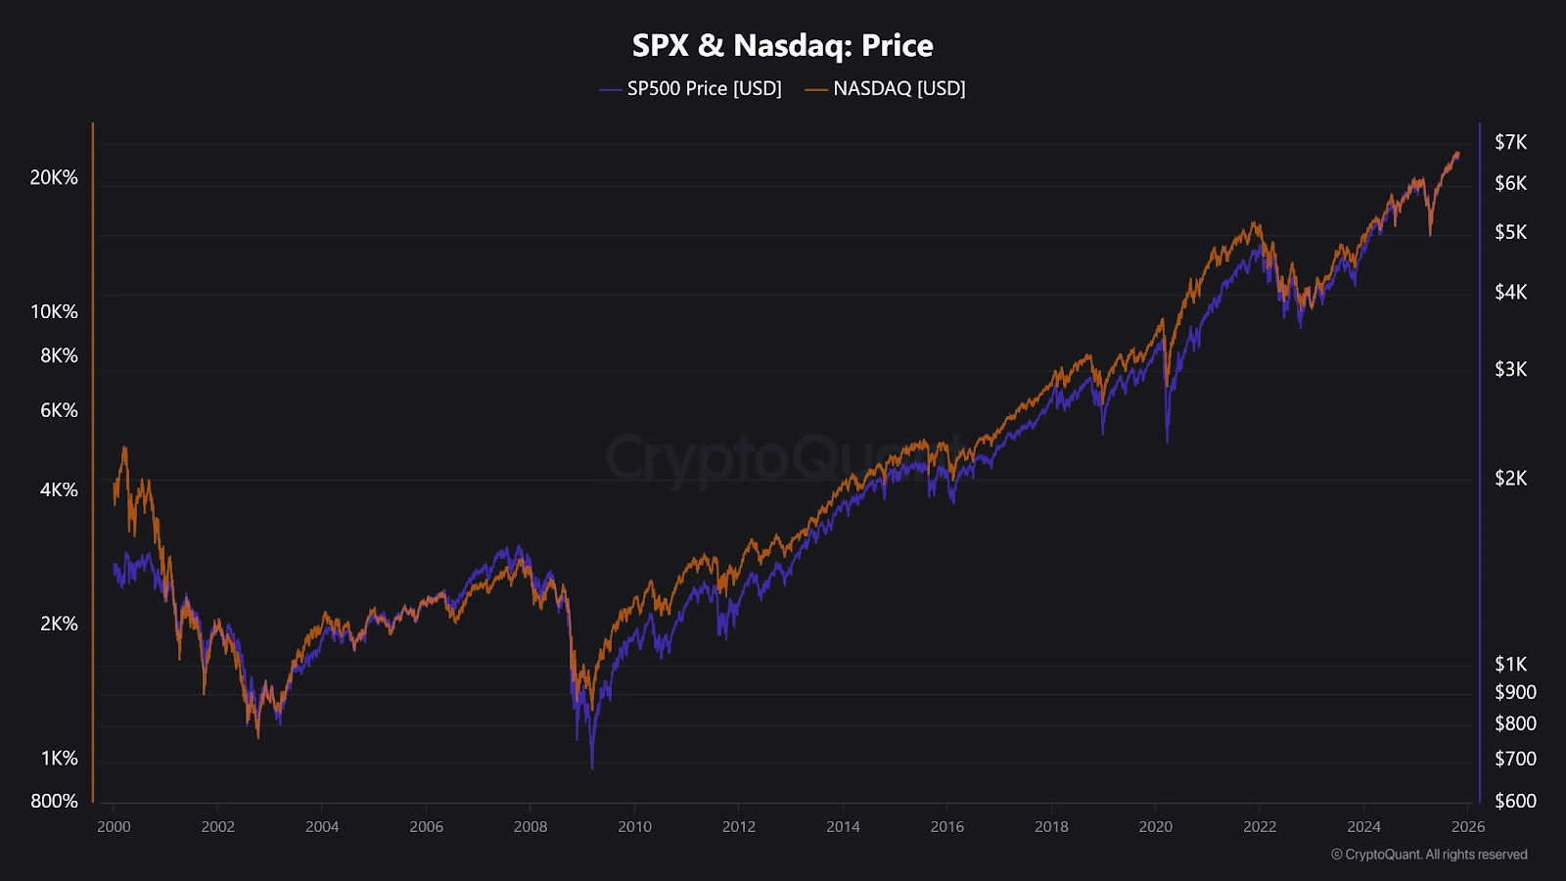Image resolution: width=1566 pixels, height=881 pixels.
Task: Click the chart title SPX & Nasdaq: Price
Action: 782,45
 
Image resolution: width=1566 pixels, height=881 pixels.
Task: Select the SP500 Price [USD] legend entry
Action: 703,88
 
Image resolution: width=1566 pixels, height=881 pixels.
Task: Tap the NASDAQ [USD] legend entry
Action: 898,88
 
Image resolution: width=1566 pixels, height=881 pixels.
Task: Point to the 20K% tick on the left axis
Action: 54,177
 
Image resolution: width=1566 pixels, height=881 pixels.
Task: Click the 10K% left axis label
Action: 54,311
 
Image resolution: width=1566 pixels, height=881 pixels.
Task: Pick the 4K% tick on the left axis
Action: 59,489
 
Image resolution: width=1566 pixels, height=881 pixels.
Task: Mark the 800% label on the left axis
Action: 54,801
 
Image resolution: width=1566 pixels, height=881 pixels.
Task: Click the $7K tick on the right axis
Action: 1510,142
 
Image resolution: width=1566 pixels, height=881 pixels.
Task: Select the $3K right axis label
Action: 1510,369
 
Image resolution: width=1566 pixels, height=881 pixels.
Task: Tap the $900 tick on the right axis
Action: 1515,692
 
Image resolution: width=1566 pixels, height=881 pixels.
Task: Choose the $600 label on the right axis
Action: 1515,801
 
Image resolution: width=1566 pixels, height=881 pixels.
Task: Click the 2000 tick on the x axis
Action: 114,826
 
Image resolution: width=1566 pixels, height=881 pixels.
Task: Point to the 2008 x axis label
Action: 530,826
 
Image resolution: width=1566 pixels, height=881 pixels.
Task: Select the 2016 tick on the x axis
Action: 947,826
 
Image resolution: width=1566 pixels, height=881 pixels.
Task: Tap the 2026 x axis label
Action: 1468,826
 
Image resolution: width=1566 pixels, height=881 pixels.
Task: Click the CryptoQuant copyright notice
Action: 1429,855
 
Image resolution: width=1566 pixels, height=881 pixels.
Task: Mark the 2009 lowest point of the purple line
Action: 592,767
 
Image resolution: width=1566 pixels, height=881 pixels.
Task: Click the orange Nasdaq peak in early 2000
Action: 124,447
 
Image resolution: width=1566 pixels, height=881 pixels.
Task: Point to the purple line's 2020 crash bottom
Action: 1167,442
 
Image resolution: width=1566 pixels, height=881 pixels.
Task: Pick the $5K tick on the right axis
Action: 1510,232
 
